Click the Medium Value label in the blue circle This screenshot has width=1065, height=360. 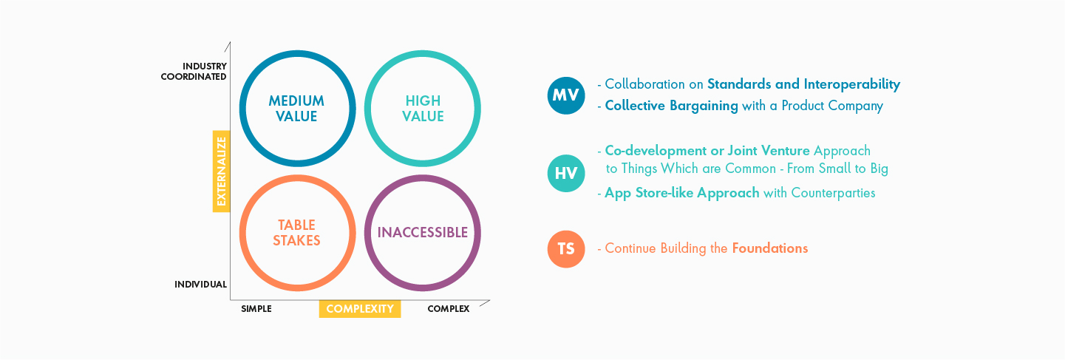tap(296, 109)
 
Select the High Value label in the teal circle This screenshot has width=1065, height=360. tap(423, 109)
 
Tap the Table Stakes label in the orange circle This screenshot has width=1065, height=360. tap(296, 233)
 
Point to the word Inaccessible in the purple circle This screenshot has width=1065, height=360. tap(423, 232)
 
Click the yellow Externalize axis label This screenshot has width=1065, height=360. tap(221, 171)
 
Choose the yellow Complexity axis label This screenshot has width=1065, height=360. tap(360, 309)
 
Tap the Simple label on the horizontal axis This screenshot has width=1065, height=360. tap(256, 309)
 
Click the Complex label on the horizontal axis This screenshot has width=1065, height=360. tap(449, 309)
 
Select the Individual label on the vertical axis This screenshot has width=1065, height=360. tap(200, 285)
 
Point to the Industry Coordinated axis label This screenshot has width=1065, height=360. tap(194, 71)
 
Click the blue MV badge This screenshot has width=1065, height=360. tap(566, 95)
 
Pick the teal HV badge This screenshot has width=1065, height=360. tap(566, 173)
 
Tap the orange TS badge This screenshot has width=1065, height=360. tap(566, 248)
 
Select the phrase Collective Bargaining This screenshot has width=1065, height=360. tap(671, 106)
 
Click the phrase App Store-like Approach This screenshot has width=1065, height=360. tap(681, 193)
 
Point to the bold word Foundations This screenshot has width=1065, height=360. tap(770, 248)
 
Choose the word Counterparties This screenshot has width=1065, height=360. tap(833, 193)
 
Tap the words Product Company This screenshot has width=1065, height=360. tap(832, 106)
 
